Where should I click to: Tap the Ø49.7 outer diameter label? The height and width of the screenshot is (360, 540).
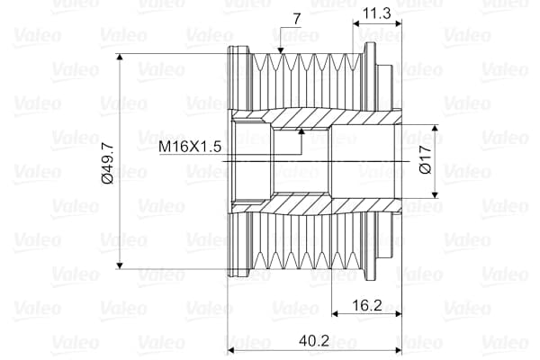tap(107, 162)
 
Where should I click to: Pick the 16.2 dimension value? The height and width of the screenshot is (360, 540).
tap(365, 305)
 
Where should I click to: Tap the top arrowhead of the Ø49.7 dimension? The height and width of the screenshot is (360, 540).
tap(120, 59)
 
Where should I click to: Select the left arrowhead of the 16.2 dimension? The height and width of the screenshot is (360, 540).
tap(336, 314)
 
